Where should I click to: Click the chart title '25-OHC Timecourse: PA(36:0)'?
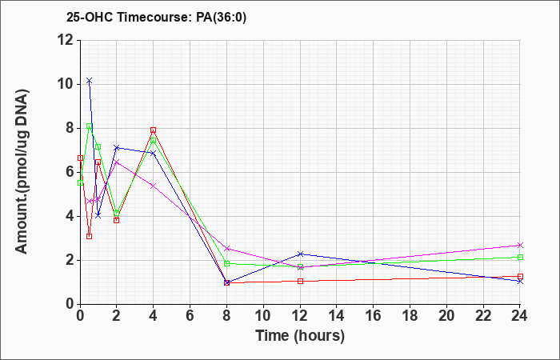[x=156, y=18]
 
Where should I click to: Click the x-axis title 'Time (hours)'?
[x=300, y=336]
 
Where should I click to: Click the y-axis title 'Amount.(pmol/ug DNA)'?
[x=22, y=171]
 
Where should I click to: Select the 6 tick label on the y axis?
[x=70, y=172]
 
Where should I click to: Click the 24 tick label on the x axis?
[x=520, y=316]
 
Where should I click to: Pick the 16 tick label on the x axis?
[x=374, y=316]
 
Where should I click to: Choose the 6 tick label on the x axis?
[x=190, y=316]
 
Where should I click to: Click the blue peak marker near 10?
[x=90, y=81]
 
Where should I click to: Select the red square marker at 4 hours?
[x=154, y=130]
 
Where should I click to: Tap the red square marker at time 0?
[x=80, y=158]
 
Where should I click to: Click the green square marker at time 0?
[x=80, y=182]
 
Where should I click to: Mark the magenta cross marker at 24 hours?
[x=520, y=245]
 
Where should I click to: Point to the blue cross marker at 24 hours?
[x=520, y=282]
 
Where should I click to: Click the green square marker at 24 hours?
[x=520, y=257]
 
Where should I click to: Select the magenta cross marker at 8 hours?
[x=226, y=248]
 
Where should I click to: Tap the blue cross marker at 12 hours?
[x=300, y=254]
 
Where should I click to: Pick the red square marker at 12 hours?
[x=300, y=281]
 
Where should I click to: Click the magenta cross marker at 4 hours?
[x=154, y=186]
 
